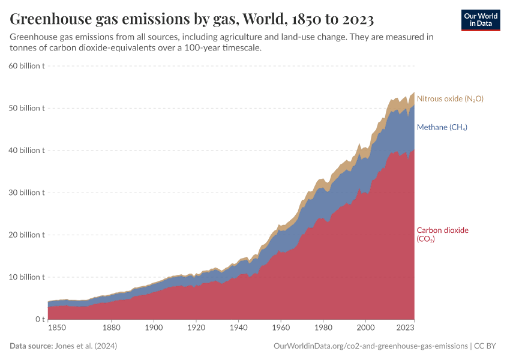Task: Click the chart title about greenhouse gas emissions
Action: coord(192,20)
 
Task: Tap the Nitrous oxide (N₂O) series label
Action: coord(450,98)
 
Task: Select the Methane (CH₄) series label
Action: coord(442,127)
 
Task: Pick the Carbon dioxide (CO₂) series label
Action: coord(442,234)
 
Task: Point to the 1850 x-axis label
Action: coord(57,328)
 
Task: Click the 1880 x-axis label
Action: coord(112,328)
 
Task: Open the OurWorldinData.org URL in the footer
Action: coord(370,346)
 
